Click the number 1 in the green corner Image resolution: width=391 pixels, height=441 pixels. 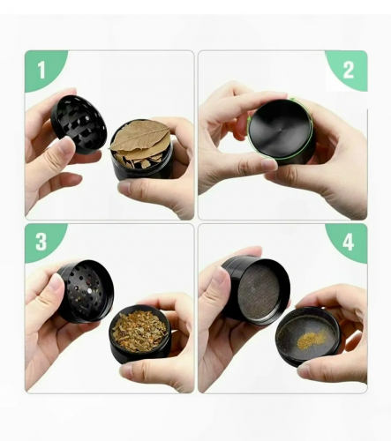pos(41,70)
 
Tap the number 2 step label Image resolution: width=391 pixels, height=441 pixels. pos(349,70)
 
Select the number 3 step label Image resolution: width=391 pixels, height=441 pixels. pos(41,242)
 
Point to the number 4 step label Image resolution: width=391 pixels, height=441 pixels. pos(348,243)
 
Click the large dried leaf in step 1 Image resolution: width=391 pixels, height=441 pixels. pos(140,137)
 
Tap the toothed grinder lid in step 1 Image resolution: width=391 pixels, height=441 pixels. pos(79,124)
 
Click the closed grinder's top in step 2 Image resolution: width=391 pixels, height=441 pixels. pos(281,130)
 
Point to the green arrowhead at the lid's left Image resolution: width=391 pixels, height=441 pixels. pos(250,118)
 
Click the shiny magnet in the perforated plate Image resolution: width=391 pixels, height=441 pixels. pos(90,291)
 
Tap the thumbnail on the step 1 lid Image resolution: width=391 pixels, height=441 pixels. pos(65,146)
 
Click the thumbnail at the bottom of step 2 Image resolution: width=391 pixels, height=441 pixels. pos(268,164)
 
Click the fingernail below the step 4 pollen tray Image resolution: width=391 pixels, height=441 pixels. pos(304,371)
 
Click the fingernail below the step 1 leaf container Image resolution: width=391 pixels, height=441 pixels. pos(124,187)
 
